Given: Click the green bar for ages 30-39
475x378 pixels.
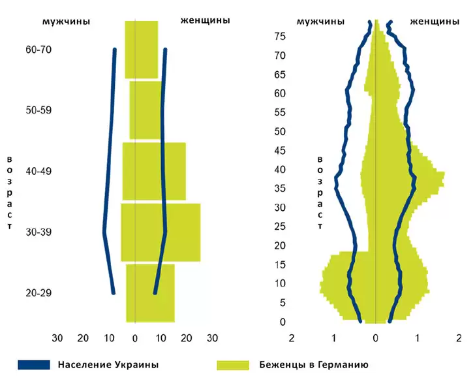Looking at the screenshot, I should point(161,232).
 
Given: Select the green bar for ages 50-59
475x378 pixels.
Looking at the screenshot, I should point(146,110).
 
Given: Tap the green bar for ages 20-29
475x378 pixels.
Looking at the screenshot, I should point(150,293).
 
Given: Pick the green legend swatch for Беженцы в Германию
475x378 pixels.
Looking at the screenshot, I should point(232,364).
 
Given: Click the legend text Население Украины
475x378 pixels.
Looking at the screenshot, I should point(108,364).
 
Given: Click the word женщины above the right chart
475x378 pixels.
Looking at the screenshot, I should point(434,21).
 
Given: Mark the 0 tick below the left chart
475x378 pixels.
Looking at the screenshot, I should point(134,338).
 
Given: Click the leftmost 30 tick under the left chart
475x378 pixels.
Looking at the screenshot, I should point(57,338).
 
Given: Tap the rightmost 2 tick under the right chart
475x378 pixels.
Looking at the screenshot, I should point(459,338).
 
